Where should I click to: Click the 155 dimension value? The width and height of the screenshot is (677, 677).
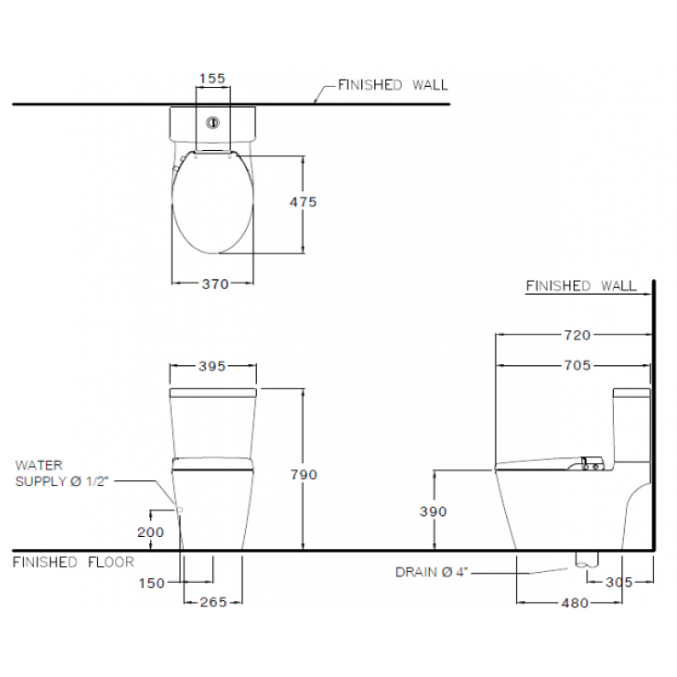(212, 78)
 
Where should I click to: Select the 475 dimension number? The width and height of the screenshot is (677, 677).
(303, 201)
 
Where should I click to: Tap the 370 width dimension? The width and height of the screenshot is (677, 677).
(215, 285)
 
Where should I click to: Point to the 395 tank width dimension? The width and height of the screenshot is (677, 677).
(212, 366)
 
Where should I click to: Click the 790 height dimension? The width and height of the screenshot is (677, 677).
(304, 475)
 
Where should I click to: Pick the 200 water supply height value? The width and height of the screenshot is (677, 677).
(151, 532)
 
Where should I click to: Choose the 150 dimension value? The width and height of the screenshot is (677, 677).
(152, 584)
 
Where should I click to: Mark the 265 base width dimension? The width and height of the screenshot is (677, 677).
(213, 602)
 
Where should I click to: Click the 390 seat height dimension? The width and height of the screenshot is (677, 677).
(433, 511)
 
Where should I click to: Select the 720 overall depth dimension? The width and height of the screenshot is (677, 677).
(577, 335)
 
